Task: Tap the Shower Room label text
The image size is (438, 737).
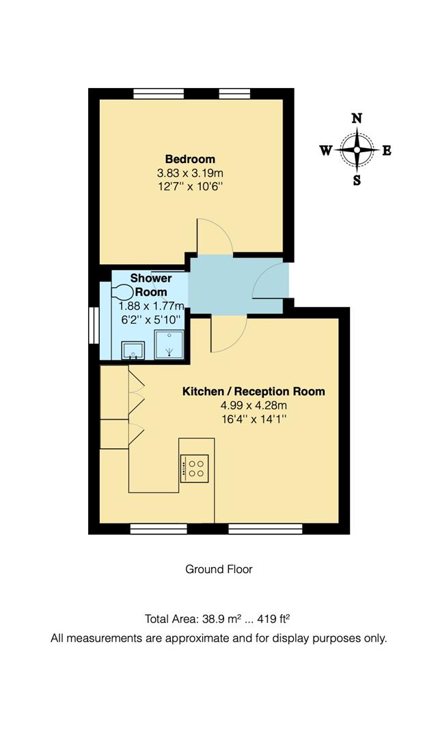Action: tap(150, 285)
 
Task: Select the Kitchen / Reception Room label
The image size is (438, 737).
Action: tap(253, 392)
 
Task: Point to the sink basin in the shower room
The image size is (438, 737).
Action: tap(132, 351)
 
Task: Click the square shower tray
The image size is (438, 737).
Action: tap(168, 345)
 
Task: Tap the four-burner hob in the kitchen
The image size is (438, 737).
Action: tap(196, 468)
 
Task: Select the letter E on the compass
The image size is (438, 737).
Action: tap(387, 151)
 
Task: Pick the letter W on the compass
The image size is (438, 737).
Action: tap(326, 151)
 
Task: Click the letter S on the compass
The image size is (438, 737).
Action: tap(357, 181)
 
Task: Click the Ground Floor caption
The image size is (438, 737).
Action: tap(219, 569)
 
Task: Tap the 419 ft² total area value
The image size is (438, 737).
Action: tap(273, 620)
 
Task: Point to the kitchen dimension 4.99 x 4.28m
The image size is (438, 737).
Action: tap(253, 405)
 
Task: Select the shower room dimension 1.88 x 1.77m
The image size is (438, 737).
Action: tap(152, 306)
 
